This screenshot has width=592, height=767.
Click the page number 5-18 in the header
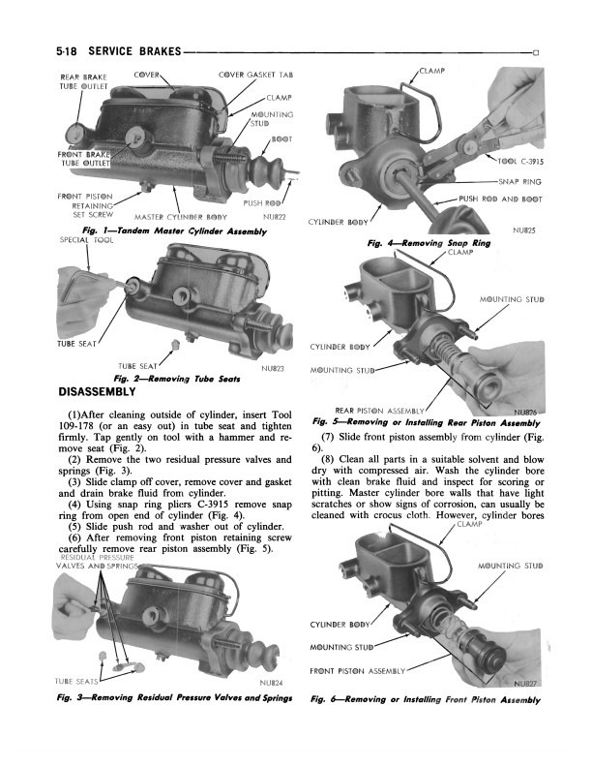[67, 51]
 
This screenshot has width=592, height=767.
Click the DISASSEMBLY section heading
[97, 392]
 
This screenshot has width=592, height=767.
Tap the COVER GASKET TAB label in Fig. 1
[256, 75]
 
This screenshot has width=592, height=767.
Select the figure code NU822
[274, 217]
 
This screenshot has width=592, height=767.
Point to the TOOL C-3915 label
[520, 162]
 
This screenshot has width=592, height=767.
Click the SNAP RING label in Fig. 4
[519, 182]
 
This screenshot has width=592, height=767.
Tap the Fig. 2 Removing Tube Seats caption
[177, 379]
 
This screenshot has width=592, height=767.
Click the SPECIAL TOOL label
[86, 240]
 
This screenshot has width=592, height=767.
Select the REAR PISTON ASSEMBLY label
[379, 411]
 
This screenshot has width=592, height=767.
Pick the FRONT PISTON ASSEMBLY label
[358, 671]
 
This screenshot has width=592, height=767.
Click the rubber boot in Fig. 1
[267, 168]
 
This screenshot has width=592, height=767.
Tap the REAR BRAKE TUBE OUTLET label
[83, 81]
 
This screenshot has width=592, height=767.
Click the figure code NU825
[524, 230]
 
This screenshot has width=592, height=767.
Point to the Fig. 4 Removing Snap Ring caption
[429, 243]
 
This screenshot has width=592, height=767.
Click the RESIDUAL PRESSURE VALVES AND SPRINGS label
[97, 562]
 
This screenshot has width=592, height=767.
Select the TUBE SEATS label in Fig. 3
[76, 681]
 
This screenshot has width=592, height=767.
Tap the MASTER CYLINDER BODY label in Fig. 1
[181, 217]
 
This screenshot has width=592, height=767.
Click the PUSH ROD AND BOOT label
[501, 199]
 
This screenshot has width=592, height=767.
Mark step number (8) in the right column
[328, 459]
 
